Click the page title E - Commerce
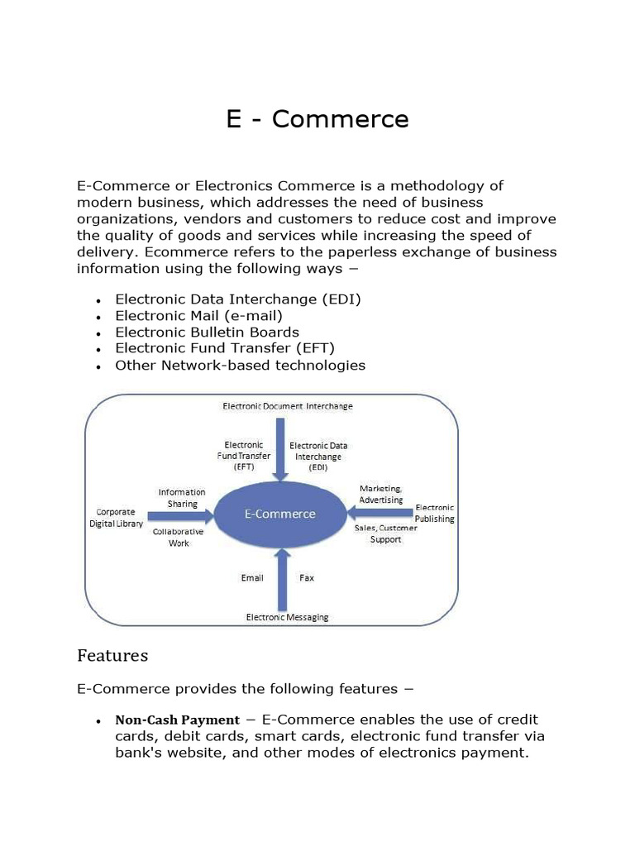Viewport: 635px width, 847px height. coord(317,119)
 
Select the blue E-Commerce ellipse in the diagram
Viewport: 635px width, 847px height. coord(280,514)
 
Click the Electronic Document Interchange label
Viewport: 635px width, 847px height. coord(288,406)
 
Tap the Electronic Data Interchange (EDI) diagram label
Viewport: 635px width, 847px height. coord(318,456)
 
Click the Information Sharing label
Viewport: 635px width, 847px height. coord(182,498)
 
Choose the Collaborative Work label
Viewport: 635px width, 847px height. coord(178,538)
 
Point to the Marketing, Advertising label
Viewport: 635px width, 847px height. coord(381,494)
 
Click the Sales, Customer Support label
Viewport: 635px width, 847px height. coord(385,533)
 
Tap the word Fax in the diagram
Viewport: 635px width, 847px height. coord(307,577)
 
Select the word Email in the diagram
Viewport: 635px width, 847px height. coord(252,577)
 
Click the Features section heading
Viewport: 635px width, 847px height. coord(112,655)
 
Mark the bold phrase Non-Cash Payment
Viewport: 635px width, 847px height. coord(177,720)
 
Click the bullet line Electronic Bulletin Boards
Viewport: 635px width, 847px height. coord(207,332)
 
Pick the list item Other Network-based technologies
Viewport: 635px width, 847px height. coord(240,365)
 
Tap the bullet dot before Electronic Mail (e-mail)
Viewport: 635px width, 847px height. coord(98,317)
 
